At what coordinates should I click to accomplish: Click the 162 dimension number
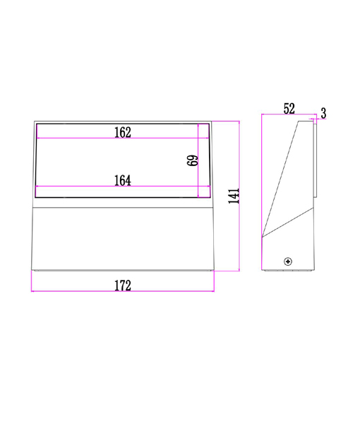[x=123, y=132]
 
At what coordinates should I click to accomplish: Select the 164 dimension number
[x=123, y=181]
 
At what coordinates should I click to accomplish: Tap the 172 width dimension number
[x=123, y=285]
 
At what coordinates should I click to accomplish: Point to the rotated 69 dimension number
[x=192, y=160]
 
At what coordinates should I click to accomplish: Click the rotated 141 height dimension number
[x=234, y=196]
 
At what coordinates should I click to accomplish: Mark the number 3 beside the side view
[x=323, y=113]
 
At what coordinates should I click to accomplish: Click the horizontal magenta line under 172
[x=123, y=291]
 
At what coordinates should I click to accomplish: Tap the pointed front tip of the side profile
[x=263, y=237]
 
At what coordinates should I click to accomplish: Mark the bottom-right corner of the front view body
[x=214, y=270]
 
